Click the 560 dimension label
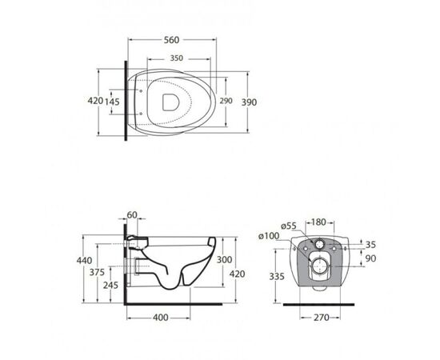click(171, 40)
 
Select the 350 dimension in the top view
click(177, 58)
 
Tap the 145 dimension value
click(112, 102)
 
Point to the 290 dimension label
click(226, 101)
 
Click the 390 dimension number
click(249, 102)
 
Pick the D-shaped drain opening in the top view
click(171, 102)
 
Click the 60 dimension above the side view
click(132, 215)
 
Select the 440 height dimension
click(84, 260)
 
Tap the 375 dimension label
click(97, 272)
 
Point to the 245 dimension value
click(110, 285)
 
